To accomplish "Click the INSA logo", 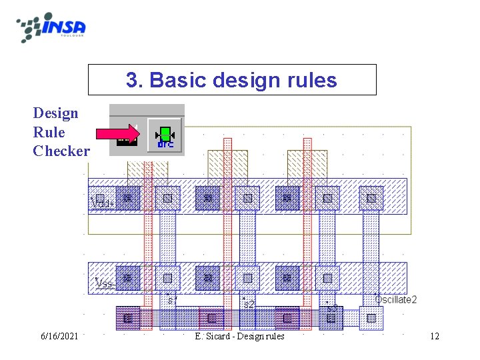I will (x=52, y=27).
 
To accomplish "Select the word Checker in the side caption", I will (x=61, y=151).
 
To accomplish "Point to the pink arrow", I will (x=119, y=134).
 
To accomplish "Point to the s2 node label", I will (x=248, y=303).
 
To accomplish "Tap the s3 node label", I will (x=332, y=308).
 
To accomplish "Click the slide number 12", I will (x=435, y=336).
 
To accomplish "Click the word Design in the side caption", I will (x=55, y=113).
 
